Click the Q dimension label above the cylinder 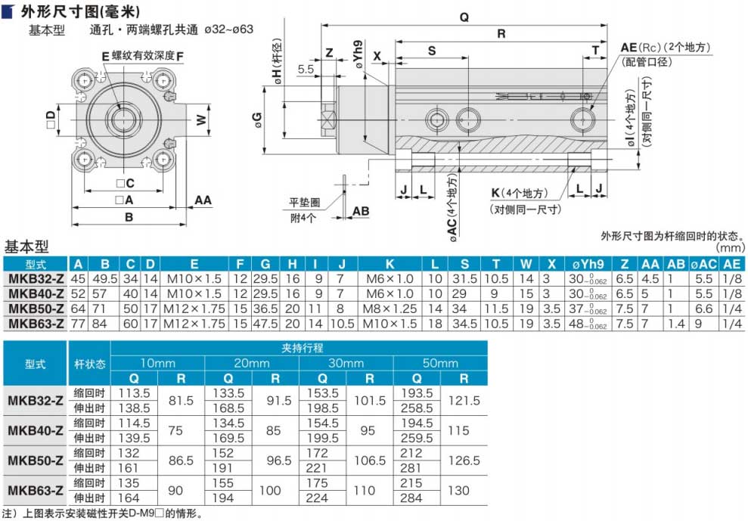click(464, 17)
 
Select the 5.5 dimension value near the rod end click(306, 69)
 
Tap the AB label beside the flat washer click(361, 211)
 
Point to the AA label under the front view click(203, 200)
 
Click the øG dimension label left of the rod click(258, 119)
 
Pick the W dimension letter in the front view click(202, 119)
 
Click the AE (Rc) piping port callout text click(666, 47)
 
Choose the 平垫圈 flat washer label click(304, 203)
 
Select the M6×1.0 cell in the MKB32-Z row click(390, 279)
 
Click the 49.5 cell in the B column click(105, 279)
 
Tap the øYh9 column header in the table click(588, 265)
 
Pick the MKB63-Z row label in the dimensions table click(36, 324)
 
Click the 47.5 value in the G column click(265, 324)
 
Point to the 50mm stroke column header click(440, 363)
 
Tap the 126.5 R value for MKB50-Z click(464, 461)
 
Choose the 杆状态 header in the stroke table click(90, 364)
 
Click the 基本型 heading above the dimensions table click(26, 247)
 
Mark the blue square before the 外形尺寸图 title click(8, 11)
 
